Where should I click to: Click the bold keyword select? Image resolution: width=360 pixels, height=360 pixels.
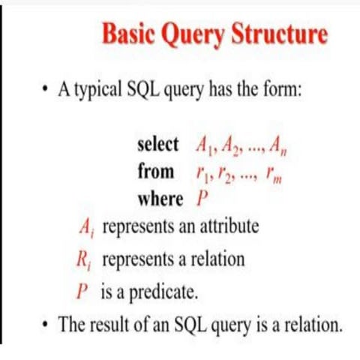[158, 143]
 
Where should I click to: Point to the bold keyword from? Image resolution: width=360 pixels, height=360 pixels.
[156, 171]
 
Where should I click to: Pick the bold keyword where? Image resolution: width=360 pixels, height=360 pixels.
[160, 199]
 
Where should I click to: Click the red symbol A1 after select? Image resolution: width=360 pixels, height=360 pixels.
[202, 145]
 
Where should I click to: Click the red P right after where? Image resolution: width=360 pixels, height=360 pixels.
[199, 199]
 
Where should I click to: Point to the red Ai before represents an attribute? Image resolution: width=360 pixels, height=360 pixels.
[86, 226]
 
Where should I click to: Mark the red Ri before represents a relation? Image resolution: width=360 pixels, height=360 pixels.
[85, 260]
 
